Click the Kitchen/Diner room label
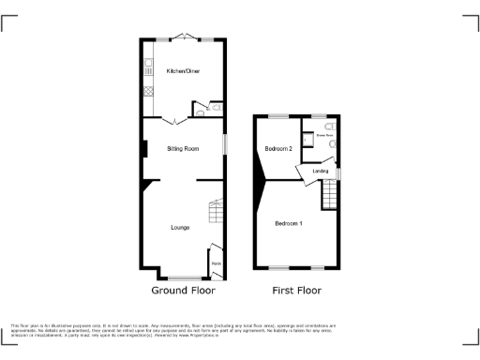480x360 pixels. (183, 71)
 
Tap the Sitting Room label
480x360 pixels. (183, 149)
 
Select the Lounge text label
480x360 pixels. (181, 227)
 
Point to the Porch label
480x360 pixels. (216, 263)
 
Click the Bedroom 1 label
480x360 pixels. (289, 223)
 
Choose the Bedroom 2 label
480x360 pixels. (278, 149)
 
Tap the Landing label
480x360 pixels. (320, 172)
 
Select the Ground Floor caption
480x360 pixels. (184, 291)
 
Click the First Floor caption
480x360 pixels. (296, 291)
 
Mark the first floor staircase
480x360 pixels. (329, 195)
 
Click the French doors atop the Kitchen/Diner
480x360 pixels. (185, 39)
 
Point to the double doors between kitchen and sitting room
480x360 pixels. (172, 121)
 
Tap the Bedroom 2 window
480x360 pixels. (278, 116)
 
